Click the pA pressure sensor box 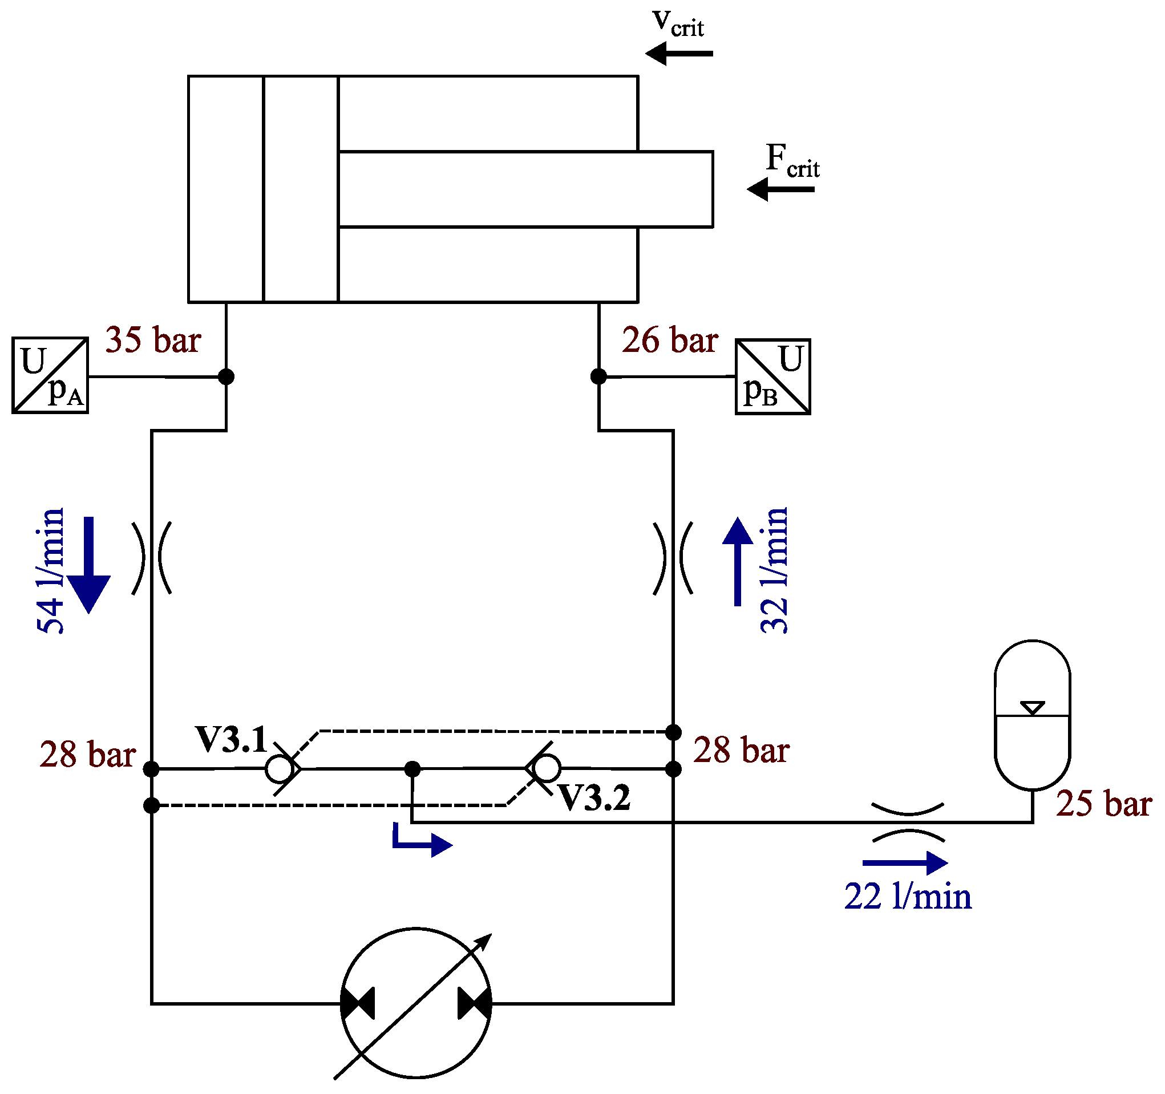(x=50, y=376)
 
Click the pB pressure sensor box (x=773, y=377)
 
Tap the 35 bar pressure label (x=153, y=339)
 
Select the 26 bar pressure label (x=670, y=340)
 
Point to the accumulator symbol (x=1033, y=715)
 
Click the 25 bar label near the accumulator (x=1104, y=803)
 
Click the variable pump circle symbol (x=416, y=1003)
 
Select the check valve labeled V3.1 (x=280, y=768)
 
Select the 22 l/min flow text (x=908, y=897)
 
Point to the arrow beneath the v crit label (x=678, y=53)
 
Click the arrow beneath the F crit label (x=780, y=189)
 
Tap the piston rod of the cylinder (x=525, y=189)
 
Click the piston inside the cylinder (x=301, y=189)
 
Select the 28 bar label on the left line (x=88, y=754)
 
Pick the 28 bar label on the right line (x=741, y=750)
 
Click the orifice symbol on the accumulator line (x=908, y=822)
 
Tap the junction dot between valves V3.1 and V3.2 (x=412, y=768)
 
